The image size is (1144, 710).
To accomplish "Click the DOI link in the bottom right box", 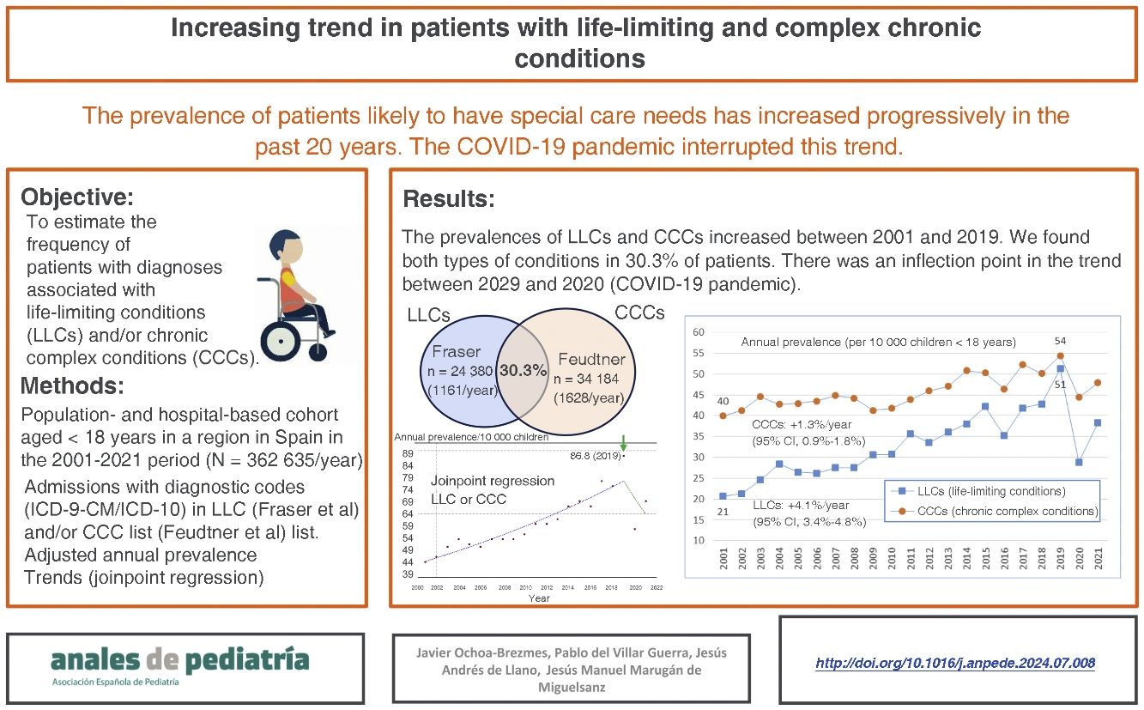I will point(954,663).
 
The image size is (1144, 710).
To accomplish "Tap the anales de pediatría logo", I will point(179,660).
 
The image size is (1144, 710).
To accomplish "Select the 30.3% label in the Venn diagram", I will point(524,371).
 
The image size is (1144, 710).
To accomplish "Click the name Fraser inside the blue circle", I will point(457,353).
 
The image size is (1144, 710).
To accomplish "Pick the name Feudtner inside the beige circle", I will point(592,358).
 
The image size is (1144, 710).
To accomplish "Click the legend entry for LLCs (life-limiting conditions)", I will point(980,491).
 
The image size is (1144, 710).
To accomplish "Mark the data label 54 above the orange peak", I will point(1060,342).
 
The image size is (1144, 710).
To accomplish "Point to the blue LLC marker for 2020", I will point(1079,462).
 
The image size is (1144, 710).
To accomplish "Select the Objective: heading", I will point(77,197).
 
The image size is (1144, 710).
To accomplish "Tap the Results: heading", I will point(449,199).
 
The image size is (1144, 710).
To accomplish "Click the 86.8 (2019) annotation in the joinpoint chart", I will point(591,455).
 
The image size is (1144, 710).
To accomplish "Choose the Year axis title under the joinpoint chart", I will point(539,598).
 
